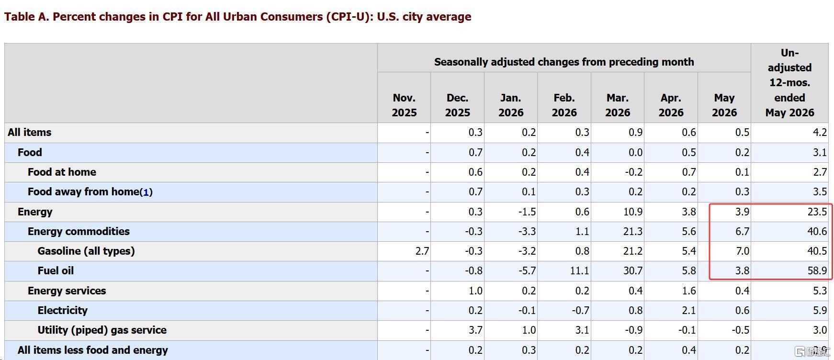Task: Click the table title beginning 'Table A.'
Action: click(237, 17)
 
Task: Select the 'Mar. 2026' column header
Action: click(618, 105)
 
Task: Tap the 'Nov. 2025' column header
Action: click(404, 105)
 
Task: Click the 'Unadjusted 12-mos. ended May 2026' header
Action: click(789, 83)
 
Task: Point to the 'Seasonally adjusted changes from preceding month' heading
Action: click(564, 62)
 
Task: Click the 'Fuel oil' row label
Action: click(56, 271)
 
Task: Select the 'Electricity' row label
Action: click(63, 311)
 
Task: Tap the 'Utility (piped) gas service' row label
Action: click(102, 330)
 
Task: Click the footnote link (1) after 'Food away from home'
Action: click(146, 192)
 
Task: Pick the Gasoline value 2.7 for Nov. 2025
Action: click(422, 251)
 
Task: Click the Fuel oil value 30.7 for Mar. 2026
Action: click(633, 271)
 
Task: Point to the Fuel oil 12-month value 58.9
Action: click(817, 271)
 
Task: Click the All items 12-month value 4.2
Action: click(820, 133)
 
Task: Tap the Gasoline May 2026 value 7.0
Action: click(743, 251)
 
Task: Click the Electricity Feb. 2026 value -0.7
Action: click(580, 311)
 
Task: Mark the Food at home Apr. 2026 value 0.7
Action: click(689, 172)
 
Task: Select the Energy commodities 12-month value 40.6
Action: click(817, 232)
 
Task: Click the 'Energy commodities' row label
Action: click(79, 232)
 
